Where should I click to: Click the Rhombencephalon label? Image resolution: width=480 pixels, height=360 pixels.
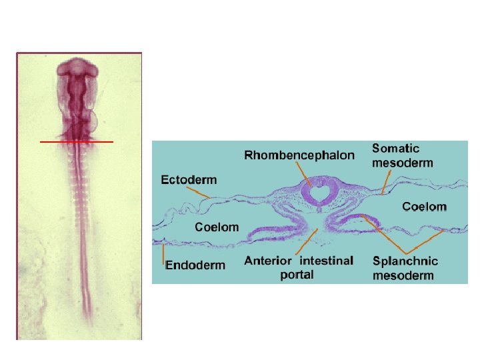tap(299, 156)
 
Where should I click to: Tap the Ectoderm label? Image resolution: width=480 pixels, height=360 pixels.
tap(189, 179)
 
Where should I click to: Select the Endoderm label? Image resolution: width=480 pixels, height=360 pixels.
tap(195, 265)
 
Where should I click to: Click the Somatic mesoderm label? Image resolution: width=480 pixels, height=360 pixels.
tap(402, 155)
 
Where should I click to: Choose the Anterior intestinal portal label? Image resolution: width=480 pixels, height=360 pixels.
tap(299, 267)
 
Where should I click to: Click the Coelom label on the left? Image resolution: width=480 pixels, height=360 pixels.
tap(217, 227)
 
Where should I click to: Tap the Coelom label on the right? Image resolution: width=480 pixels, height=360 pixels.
tap(424, 207)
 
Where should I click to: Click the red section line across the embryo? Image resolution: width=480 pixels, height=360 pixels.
tap(77, 142)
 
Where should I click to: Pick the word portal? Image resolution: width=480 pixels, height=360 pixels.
tap(297, 275)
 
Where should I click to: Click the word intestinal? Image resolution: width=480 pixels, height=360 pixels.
tap(327, 261)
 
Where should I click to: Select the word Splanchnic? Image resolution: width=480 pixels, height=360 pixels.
tap(405, 261)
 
